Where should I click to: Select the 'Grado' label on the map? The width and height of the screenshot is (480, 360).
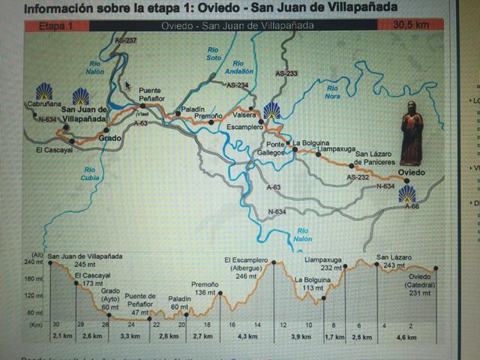pyautogui.click(x=109, y=138)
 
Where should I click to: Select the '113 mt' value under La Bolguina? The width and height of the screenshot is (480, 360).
pyautogui.click(x=307, y=287)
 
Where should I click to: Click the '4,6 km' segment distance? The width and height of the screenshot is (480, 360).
pyautogui.click(x=408, y=338)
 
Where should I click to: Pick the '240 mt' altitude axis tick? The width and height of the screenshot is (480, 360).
pyautogui.click(x=34, y=262)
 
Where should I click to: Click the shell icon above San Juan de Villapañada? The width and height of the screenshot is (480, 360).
pyautogui.click(x=80, y=97)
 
